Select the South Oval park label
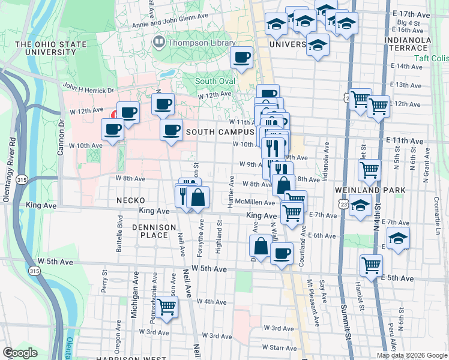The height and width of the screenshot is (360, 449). (214, 82)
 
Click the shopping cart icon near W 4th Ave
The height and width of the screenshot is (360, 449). (166, 307)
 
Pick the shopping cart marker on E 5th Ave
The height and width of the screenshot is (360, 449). (372, 264)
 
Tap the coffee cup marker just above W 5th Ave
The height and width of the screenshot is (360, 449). (281, 253)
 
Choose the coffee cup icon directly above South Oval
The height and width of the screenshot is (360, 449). (242, 58)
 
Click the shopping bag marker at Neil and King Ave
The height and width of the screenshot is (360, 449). (197, 197)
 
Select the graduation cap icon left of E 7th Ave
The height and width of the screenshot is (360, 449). (360, 206)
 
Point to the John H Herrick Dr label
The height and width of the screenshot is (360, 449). (88, 89)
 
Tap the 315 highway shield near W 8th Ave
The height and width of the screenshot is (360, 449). (22, 179)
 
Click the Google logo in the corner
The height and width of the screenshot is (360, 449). (20, 352)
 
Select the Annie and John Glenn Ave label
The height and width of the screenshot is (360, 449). (174, 17)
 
